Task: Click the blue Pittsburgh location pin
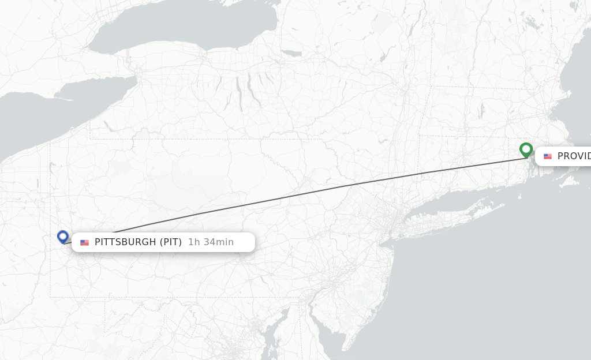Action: click(63, 237)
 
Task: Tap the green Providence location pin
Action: click(526, 149)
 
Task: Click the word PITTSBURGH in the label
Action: click(125, 242)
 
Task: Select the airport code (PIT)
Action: click(170, 242)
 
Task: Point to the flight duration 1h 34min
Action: click(211, 242)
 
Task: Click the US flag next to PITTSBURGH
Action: click(85, 243)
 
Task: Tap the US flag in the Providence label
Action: click(548, 156)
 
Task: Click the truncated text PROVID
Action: click(574, 156)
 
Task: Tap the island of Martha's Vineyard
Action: click(569, 182)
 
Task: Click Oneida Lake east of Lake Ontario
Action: click(293, 54)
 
